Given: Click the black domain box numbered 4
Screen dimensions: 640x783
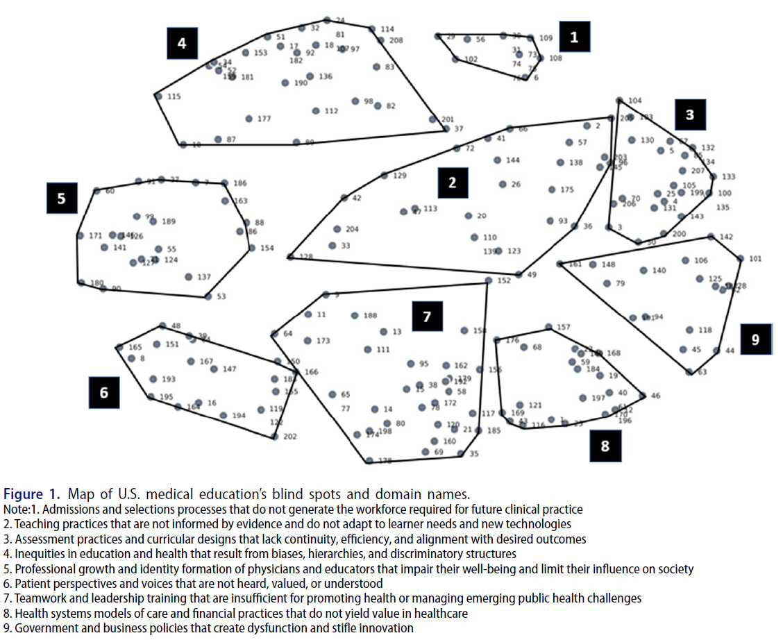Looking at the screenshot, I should pos(182,44).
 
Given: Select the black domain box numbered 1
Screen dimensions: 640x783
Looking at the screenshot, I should pos(573,37).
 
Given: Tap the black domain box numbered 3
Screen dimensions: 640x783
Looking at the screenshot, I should pos(689,115).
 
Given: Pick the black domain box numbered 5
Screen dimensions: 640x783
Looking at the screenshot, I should pos(62,199).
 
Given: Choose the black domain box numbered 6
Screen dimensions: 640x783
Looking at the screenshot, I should pos(104,392).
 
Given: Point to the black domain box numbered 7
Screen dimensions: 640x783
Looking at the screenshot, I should pos(427,317).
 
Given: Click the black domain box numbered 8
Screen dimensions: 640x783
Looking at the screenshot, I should pos(605,446).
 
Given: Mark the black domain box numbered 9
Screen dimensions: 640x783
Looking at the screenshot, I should pos(755,339).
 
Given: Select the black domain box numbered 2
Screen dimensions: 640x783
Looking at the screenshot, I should pos(453,183).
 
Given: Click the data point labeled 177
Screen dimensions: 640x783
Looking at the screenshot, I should pos(249,119).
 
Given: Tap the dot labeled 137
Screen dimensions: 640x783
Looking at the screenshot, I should pos(188,277).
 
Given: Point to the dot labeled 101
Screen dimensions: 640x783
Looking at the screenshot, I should pos(741,259).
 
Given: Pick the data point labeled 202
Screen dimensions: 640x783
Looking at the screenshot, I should pos(274,437).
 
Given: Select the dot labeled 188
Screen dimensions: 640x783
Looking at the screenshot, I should pos(354,315).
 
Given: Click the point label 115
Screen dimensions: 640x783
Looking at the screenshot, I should pos(174,96).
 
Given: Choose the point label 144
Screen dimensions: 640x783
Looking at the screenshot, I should pos(512,160).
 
